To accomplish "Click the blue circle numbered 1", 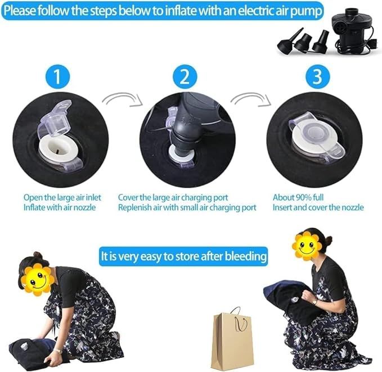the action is [57, 76].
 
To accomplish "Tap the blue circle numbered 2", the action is [185, 76].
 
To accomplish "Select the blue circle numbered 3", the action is [317, 76].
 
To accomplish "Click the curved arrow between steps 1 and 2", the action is [123, 99].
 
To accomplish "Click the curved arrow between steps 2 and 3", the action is [251, 99].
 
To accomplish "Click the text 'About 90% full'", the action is [298, 197].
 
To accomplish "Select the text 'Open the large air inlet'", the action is [62, 197].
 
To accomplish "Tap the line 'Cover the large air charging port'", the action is [173, 198].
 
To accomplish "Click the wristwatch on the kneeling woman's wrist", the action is [58, 351].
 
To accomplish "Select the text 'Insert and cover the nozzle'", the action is [318, 207].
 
